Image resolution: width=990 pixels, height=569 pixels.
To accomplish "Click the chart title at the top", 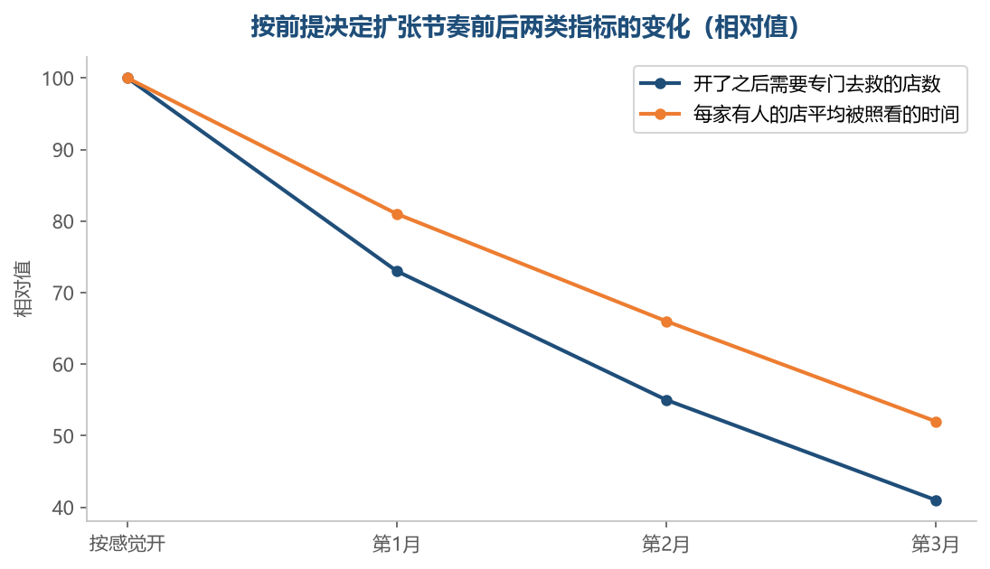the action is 524,27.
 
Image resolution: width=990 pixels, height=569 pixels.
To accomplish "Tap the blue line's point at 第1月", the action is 397,272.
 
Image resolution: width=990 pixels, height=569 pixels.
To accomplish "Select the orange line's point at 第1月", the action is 397,214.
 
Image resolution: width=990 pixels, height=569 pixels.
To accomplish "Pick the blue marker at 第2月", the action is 666,401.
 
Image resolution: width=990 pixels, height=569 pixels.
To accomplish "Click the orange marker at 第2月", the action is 666,322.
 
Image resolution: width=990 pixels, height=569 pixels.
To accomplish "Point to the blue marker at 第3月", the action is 936,501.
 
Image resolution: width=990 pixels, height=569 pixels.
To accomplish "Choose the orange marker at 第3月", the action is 936,422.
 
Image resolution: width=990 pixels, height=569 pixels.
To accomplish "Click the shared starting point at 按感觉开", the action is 127,79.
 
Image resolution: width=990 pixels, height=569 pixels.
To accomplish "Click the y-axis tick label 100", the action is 58,79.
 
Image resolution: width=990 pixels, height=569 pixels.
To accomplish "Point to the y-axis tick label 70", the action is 64,294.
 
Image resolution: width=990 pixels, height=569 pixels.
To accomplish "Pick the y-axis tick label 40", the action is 64,508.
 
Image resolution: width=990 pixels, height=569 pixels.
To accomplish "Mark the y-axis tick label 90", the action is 64,150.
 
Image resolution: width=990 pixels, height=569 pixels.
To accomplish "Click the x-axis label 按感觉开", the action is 127,544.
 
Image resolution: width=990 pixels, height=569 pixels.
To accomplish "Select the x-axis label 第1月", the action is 397,544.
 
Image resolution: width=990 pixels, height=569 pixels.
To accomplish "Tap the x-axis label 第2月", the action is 666,544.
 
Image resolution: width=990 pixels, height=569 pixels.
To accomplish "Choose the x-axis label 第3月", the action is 935,544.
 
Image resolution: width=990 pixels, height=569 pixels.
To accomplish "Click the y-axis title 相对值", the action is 23,289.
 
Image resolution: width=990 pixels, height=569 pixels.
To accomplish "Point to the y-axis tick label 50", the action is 64,436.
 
